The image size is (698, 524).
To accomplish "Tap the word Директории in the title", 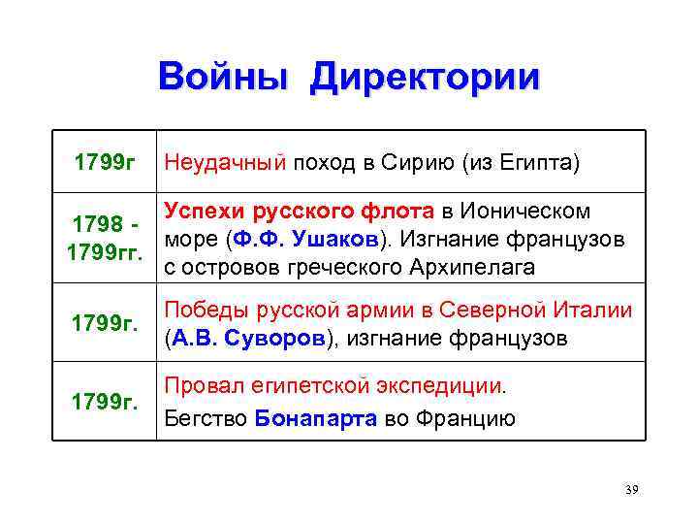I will point(424,78).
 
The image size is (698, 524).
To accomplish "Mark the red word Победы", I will point(203,311).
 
